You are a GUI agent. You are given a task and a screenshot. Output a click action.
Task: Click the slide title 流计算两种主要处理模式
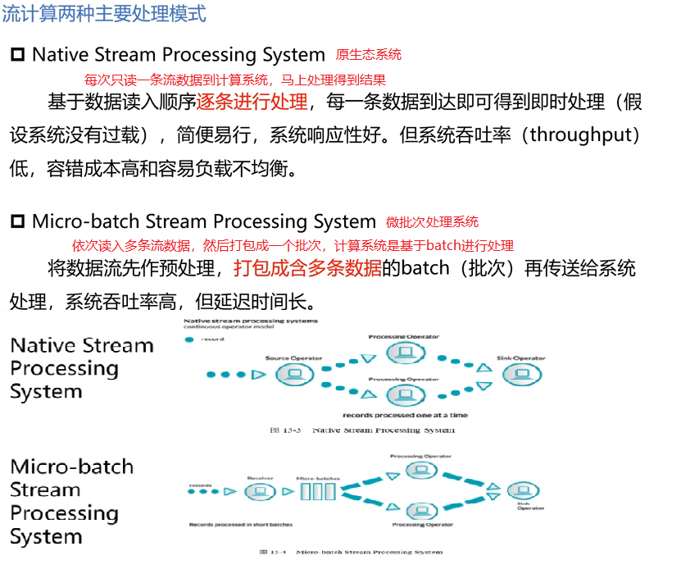coord(103,13)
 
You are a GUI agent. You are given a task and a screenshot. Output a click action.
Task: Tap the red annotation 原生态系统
coord(369,55)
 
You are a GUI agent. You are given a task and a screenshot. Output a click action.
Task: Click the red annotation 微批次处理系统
coord(433,222)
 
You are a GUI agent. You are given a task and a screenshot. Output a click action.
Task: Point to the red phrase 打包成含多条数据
coord(307,268)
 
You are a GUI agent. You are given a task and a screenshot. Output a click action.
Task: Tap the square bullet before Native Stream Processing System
coord(18,56)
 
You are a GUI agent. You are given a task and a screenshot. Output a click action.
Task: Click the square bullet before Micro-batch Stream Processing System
coord(18,222)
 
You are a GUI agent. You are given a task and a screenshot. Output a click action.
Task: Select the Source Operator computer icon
coord(292,375)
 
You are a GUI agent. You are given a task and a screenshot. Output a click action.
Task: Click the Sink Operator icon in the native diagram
coord(520,374)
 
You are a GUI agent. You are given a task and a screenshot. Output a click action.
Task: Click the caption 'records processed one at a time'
coord(405,415)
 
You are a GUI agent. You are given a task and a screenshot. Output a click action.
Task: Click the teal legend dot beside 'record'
coord(190,339)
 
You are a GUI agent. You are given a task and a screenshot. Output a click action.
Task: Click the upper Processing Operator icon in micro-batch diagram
coord(420,471)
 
